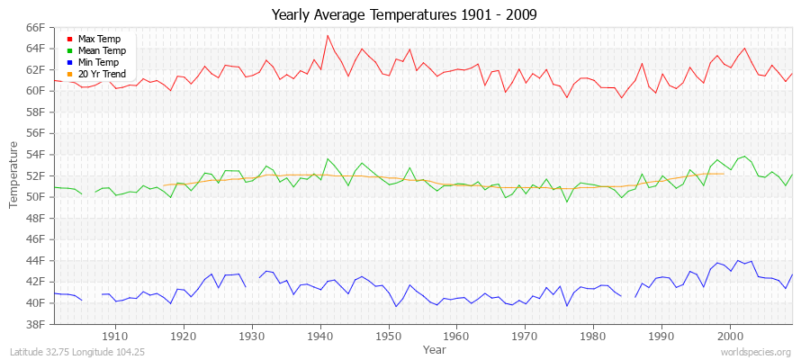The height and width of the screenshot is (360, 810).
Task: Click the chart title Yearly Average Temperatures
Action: (405, 15)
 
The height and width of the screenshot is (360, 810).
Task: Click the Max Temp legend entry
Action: (98, 39)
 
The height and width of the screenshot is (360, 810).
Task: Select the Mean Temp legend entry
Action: (100, 50)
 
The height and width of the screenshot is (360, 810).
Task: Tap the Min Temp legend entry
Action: (98, 62)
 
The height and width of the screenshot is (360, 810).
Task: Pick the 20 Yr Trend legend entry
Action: (102, 74)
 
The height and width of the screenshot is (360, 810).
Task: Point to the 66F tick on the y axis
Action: (35, 27)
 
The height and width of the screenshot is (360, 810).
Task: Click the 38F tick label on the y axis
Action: (35, 324)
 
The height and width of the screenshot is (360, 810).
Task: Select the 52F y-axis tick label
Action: (35, 175)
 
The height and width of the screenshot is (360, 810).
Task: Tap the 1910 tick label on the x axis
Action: (115, 336)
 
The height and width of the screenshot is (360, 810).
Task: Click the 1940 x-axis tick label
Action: (320, 336)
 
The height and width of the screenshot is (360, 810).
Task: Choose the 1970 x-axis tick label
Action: (526, 336)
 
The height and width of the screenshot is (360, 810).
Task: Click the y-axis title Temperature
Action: (14, 175)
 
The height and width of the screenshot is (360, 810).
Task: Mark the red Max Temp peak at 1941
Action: (328, 36)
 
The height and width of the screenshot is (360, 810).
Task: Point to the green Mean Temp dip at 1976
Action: (567, 202)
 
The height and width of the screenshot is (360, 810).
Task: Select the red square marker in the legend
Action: (70, 39)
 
